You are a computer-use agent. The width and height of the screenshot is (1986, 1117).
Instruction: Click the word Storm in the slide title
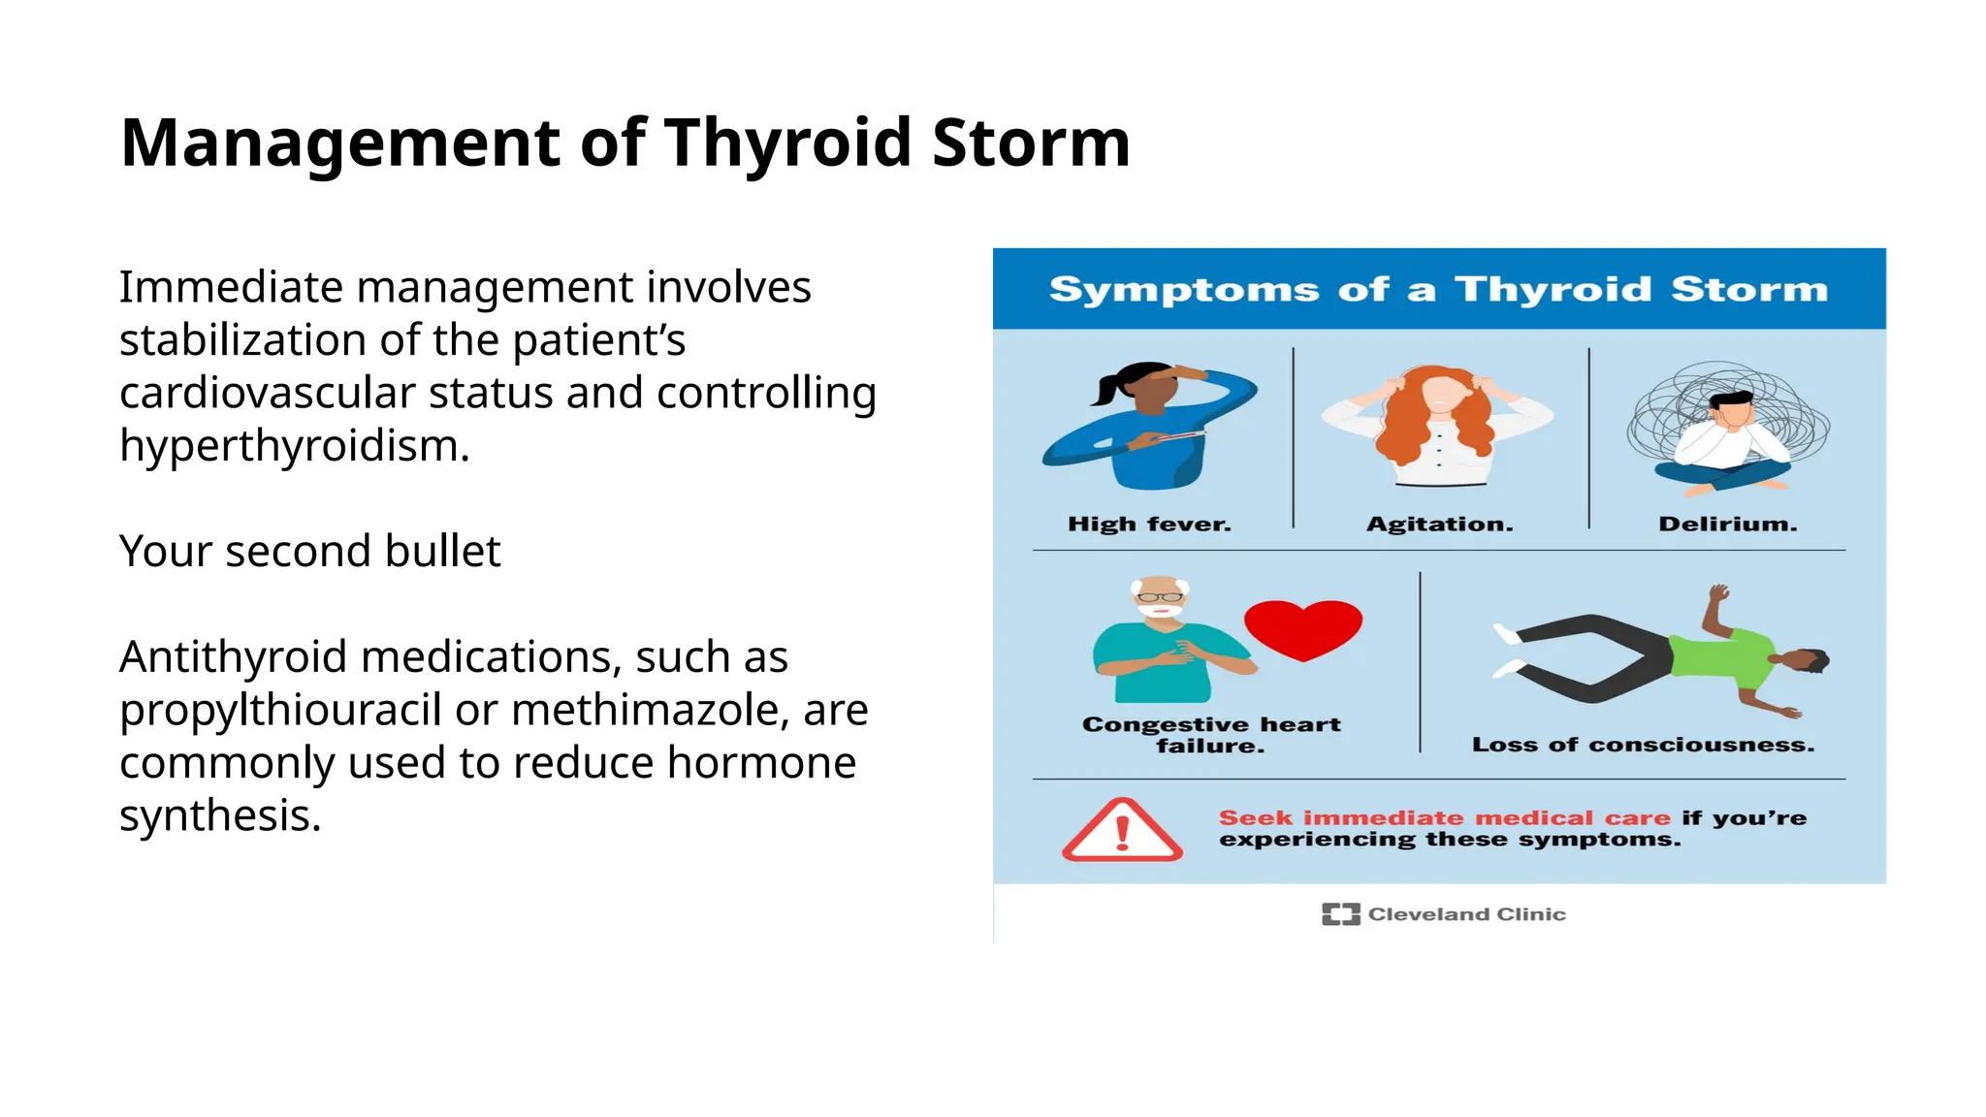tap(1031, 144)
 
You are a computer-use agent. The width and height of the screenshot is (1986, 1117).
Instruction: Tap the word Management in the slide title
tap(340, 144)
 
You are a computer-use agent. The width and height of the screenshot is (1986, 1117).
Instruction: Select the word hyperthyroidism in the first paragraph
tap(294, 446)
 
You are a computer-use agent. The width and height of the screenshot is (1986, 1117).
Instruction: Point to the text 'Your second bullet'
tap(309, 551)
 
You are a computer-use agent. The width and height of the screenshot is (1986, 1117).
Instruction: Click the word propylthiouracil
tap(280, 710)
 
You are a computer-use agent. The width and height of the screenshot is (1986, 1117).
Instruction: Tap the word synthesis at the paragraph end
tap(219, 815)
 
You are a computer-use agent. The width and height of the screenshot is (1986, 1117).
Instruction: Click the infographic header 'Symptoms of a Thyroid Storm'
tap(1438, 289)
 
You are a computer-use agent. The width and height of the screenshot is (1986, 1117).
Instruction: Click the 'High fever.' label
tap(1149, 525)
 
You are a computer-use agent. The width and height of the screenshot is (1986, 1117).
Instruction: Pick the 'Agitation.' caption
tap(1439, 525)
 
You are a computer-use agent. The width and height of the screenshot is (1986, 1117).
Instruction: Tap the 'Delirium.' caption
tap(1727, 525)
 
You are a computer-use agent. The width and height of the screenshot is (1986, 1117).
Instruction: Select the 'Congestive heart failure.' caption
tap(1211, 735)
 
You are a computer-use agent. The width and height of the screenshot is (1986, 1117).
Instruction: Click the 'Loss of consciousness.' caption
tap(1643, 745)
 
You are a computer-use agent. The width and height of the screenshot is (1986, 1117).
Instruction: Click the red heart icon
tap(1302, 628)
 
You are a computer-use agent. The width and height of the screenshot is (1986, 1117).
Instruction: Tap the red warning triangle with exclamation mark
tap(1122, 832)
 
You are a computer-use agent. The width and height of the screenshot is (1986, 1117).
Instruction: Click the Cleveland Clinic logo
tap(1443, 913)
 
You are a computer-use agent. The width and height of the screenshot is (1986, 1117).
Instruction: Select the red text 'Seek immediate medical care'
tap(1444, 817)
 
